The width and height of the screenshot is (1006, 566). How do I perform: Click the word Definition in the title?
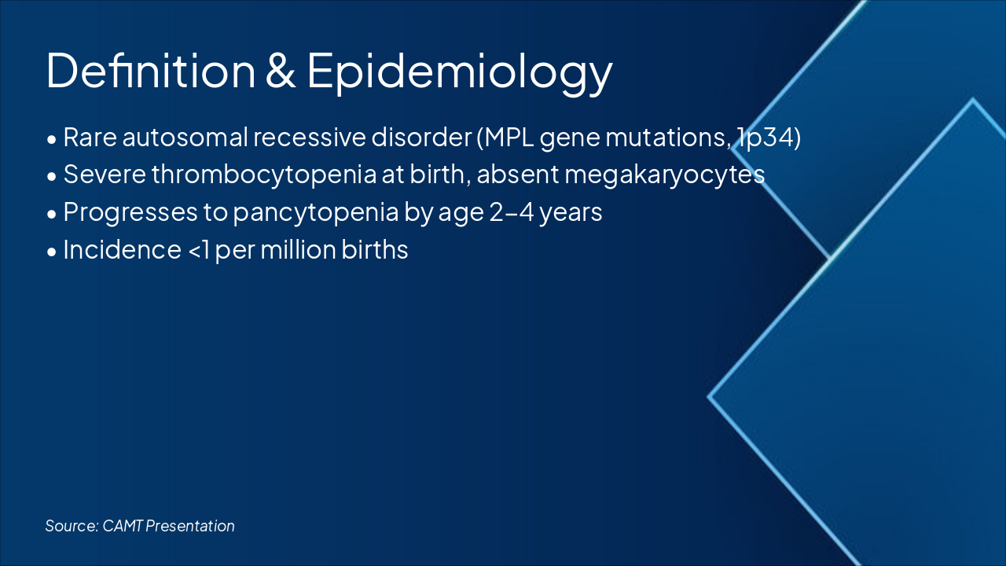(x=151, y=71)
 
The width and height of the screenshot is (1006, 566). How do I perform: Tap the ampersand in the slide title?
(x=281, y=71)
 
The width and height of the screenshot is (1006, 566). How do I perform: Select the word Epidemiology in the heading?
(x=460, y=73)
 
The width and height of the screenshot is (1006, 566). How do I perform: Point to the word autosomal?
(x=185, y=138)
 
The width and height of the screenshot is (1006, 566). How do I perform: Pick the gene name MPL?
(x=509, y=138)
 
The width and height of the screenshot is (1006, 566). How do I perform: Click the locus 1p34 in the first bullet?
(x=764, y=138)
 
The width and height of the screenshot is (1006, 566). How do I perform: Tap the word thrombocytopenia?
(x=264, y=175)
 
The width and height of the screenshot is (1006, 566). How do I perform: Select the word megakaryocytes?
(x=664, y=175)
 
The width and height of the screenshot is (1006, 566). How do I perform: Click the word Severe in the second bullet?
(x=105, y=175)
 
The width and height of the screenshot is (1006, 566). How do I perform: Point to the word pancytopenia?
(x=315, y=212)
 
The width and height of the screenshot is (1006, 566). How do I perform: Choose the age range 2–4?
(x=511, y=212)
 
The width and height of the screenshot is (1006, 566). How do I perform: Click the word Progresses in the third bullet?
(x=130, y=212)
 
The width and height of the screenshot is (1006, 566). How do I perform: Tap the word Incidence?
(x=122, y=250)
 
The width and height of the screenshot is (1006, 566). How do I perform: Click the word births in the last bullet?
(x=375, y=250)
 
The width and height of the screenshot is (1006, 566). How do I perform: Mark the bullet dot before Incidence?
(x=52, y=252)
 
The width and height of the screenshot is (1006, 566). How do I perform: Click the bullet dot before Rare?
(x=52, y=140)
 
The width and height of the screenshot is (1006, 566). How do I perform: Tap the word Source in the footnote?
(x=72, y=526)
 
